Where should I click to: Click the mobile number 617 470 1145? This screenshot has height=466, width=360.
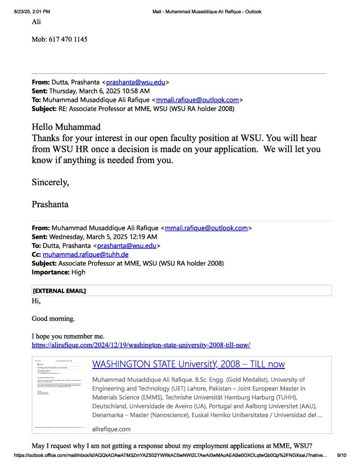pos(68,39)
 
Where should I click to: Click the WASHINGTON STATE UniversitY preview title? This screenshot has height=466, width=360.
pos(188,364)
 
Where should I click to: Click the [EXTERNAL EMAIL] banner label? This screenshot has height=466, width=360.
pos(59,291)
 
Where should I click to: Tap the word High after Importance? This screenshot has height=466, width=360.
pos(78,272)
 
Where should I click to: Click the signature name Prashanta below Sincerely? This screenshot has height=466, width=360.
pos(50,204)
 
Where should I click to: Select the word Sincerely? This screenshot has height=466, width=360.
pos(50,183)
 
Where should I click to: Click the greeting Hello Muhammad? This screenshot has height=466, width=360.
pos(66,127)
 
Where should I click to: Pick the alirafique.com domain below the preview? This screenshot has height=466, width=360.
pos(111,429)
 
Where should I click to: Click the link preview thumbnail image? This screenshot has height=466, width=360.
pos(60,395)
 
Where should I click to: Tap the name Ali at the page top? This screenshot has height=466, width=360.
pos(36,21)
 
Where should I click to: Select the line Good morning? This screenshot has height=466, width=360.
pos(53,318)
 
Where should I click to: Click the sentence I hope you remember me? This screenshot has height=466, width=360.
pos(68,337)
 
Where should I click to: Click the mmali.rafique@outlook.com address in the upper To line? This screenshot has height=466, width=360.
pos(198,100)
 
